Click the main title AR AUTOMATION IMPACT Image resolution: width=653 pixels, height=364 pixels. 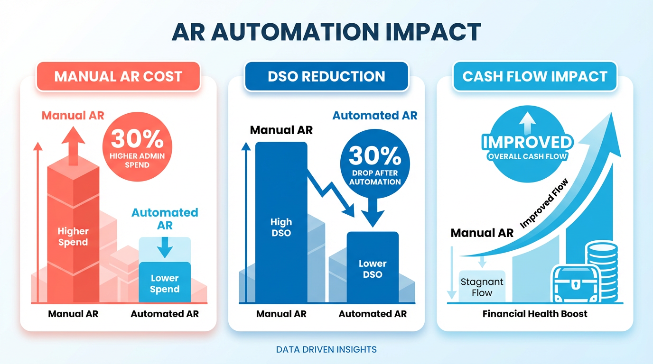(x=326, y=32)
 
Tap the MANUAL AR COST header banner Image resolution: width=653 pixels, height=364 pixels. (x=118, y=76)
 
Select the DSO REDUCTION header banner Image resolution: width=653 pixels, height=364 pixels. (x=326, y=76)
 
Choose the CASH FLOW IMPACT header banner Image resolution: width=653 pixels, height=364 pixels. (x=535, y=76)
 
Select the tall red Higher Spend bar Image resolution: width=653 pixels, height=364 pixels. (x=73, y=237)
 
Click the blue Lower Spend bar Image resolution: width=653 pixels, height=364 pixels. (x=165, y=282)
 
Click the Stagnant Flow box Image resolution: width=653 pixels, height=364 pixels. (x=482, y=287)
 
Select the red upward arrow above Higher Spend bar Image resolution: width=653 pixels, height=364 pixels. (x=73, y=146)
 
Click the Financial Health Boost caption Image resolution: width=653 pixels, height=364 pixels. (x=535, y=314)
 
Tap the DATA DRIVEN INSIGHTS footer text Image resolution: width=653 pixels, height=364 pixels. (x=326, y=350)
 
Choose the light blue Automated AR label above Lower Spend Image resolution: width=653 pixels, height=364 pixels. (x=165, y=218)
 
